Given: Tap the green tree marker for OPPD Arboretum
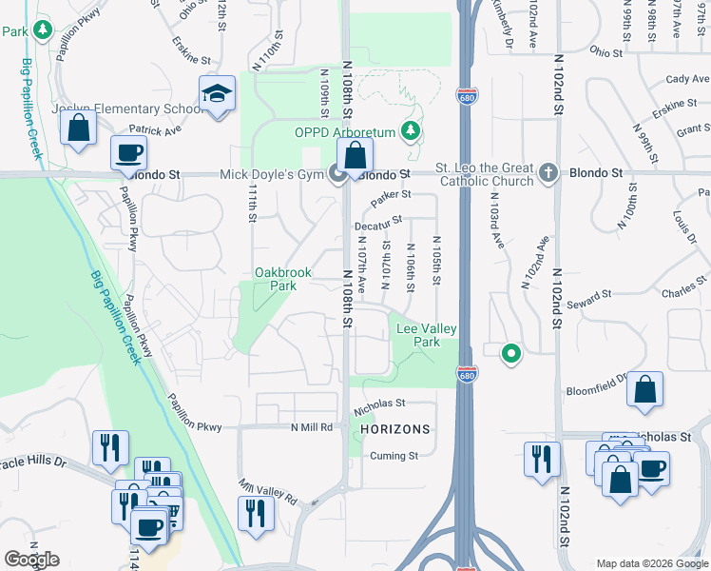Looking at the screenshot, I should click(412, 129).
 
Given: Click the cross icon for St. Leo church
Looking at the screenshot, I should click(547, 173).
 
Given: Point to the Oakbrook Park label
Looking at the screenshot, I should click(282, 279).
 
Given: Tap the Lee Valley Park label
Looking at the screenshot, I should click(425, 335).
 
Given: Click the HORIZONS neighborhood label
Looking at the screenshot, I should click(395, 429).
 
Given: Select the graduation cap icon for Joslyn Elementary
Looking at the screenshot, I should click(218, 94).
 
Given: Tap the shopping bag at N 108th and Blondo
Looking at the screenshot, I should click(355, 154).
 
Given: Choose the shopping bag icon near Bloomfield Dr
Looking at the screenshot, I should click(644, 388).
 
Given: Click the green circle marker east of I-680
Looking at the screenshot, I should click(511, 354).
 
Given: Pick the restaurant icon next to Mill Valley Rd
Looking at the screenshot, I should click(256, 513).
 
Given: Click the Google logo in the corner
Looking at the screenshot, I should click(31, 560).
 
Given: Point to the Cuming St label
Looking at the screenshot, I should click(395, 456).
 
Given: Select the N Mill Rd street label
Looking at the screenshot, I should click(314, 428).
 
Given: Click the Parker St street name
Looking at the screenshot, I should click(391, 195).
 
